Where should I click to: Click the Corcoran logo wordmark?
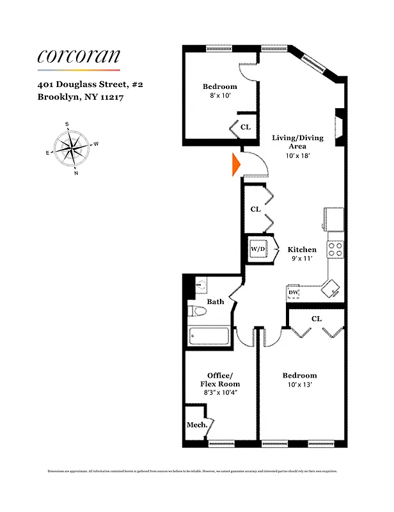(79, 56)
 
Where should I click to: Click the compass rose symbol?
(71, 148)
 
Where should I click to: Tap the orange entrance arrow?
(235, 166)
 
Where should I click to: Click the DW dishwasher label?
(294, 292)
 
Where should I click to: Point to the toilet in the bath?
(198, 312)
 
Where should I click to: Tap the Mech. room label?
(194, 424)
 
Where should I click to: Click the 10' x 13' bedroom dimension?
(300, 385)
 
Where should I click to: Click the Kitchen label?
(302, 250)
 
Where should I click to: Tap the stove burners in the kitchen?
(336, 250)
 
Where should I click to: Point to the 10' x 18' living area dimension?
(298, 156)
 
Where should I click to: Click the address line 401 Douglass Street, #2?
(90, 84)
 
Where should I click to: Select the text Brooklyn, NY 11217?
(80, 98)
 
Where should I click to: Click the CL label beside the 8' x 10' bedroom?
(246, 127)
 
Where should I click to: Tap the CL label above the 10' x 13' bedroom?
(316, 318)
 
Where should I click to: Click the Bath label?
(216, 301)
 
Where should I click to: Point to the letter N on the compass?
(76, 173)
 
